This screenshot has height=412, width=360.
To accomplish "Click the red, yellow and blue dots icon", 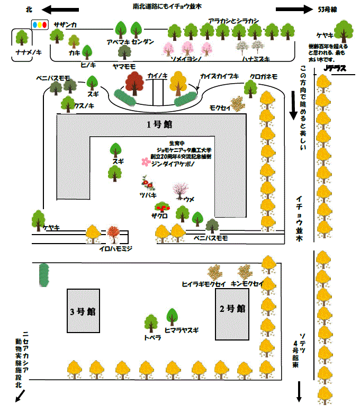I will (x=40, y=24).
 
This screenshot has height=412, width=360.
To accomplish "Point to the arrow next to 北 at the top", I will (x=60, y=9).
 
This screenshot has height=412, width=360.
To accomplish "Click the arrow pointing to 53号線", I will (x=294, y=9).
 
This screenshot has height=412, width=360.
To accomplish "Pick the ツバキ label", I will (x=148, y=195).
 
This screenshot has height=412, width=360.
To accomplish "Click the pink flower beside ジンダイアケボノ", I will (x=146, y=162).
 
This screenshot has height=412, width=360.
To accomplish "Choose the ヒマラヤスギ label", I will (x=182, y=330).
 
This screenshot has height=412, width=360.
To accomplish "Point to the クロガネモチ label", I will (x=264, y=76).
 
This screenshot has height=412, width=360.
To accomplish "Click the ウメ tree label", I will (x=190, y=199).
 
